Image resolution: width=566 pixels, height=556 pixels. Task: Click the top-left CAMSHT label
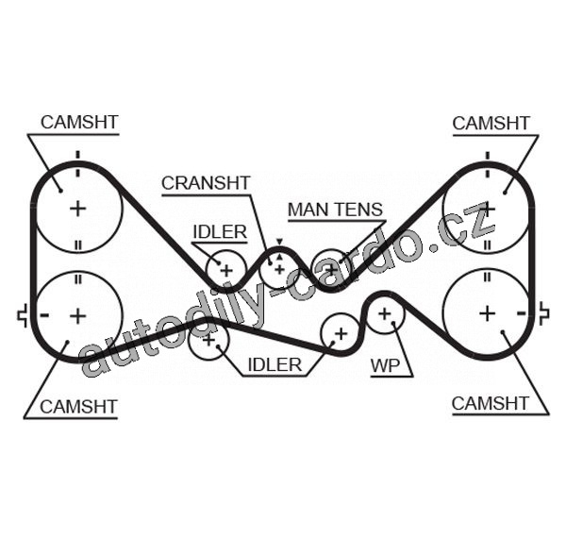click(78, 122)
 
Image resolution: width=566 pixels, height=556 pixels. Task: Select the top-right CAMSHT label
click(491, 123)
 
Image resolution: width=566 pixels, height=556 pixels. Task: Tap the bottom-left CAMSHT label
click(77, 406)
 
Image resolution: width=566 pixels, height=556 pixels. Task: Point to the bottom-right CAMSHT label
click(490, 403)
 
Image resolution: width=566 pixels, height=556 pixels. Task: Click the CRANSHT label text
click(206, 182)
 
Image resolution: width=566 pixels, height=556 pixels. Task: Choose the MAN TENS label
click(335, 209)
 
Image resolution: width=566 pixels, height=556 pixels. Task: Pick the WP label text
click(386, 364)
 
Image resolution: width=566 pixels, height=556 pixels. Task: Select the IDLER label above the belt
click(220, 231)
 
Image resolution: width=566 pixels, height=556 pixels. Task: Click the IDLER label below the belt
click(275, 364)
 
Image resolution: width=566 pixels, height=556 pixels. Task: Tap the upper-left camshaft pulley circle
click(77, 208)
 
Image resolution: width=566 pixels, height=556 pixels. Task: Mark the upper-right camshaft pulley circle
click(487, 208)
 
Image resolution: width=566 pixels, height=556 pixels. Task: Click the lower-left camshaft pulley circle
click(77, 314)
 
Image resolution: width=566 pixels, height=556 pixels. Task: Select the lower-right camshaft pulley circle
click(487, 312)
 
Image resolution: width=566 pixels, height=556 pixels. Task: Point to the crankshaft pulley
click(279, 269)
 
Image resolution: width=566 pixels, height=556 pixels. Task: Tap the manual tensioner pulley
click(329, 269)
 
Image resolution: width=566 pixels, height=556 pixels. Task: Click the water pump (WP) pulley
click(384, 312)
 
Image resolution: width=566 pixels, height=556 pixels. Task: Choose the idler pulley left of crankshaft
click(226, 270)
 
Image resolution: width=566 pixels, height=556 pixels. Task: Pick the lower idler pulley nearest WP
click(340, 333)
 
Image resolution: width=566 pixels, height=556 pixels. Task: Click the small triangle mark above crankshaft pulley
click(279, 243)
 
